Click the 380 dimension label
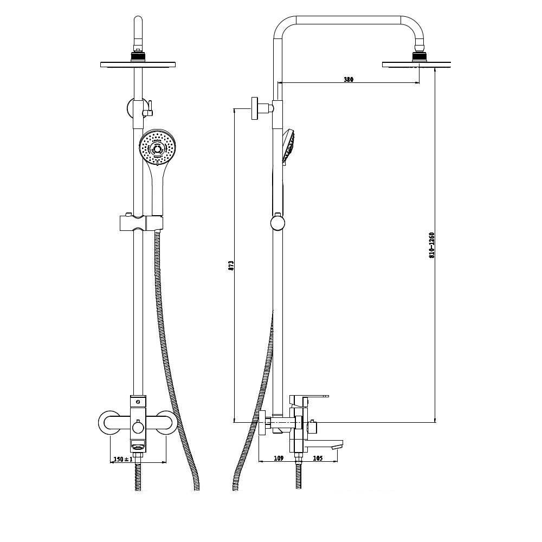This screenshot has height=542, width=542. (x=349, y=79)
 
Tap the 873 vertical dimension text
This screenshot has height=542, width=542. (x=231, y=265)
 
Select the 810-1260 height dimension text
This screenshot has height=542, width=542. (x=431, y=246)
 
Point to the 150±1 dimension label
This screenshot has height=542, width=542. (x=123, y=459)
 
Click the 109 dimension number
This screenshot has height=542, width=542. (x=279, y=458)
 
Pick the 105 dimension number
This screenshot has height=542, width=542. (x=318, y=458)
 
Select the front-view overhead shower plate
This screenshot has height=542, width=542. (x=138, y=64)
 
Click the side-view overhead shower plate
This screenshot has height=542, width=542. (x=416, y=64)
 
